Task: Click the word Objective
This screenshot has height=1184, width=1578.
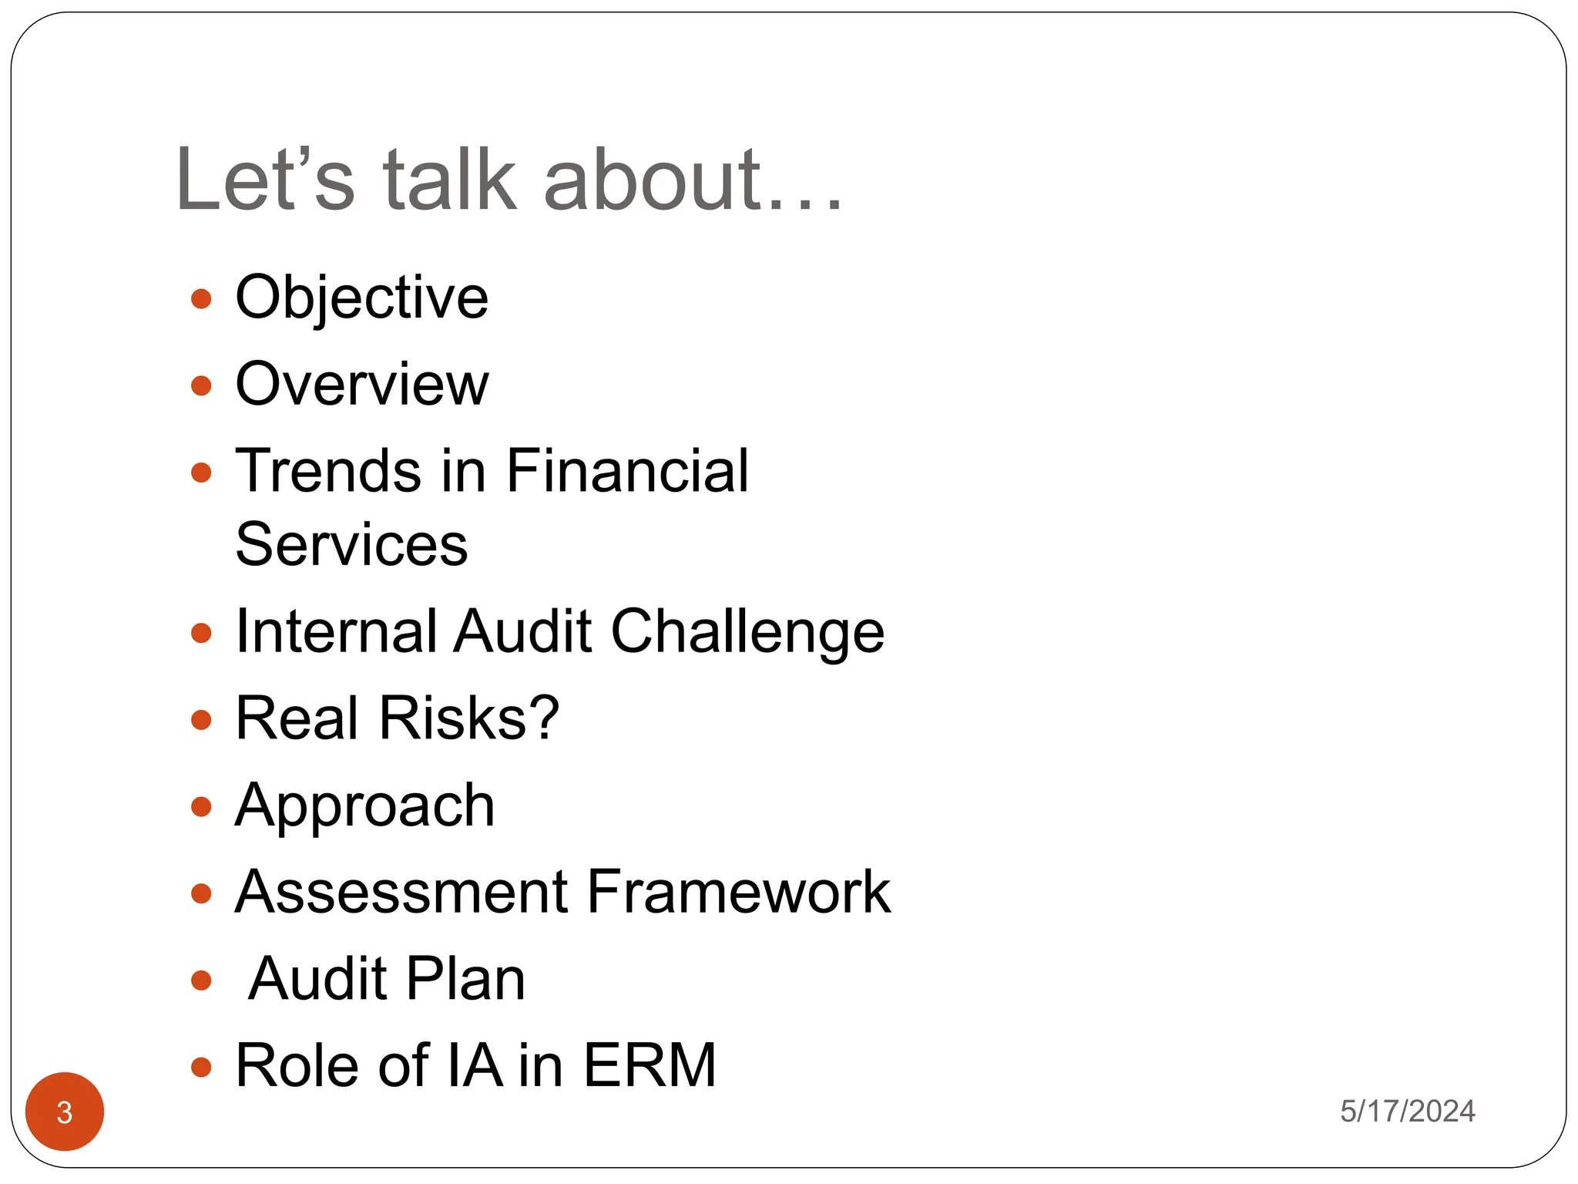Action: (361, 298)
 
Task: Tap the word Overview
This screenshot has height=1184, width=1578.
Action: (361, 384)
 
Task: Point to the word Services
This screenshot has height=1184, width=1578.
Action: (351, 544)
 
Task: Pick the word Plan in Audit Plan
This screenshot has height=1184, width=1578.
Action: (465, 979)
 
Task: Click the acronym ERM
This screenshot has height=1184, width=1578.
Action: (650, 1065)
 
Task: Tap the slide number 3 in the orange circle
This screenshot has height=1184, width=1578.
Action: (65, 1112)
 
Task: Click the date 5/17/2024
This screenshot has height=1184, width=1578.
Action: (1407, 1112)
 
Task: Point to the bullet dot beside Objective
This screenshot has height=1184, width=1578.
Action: (201, 299)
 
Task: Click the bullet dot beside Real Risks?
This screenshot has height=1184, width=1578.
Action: (201, 720)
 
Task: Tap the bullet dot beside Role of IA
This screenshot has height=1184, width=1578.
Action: (201, 1068)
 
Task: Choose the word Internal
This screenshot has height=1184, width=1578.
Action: (334, 632)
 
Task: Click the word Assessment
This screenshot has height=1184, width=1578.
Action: (401, 892)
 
